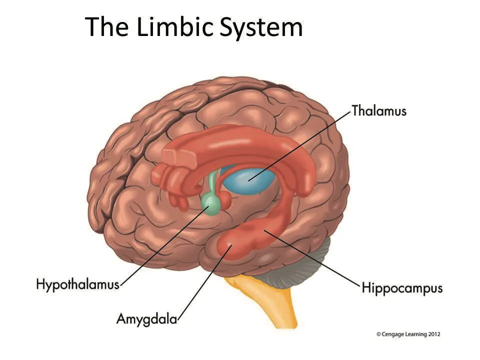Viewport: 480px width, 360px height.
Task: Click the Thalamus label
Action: point(379,110)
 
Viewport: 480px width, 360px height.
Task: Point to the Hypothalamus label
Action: point(77,284)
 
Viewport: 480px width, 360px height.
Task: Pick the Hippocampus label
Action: point(402,288)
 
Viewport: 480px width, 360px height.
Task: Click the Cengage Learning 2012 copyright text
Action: point(408,334)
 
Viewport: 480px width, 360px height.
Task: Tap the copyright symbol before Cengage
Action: point(379,334)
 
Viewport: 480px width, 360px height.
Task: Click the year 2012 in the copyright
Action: point(433,334)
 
